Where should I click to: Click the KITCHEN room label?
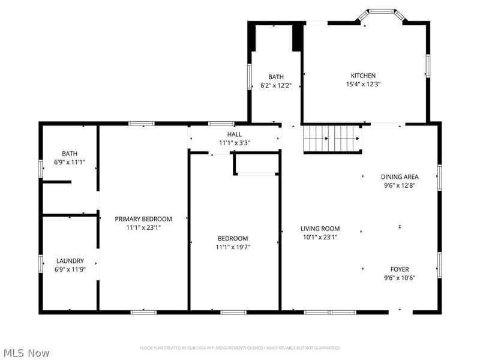[x=363, y=76]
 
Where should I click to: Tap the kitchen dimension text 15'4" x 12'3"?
[x=363, y=85]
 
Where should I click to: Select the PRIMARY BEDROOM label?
[x=143, y=219]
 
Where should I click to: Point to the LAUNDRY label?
[x=70, y=261]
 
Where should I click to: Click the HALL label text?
[x=234, y=134]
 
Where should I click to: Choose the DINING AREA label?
[x=399, y=177]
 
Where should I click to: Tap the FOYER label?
[x=400, y=269]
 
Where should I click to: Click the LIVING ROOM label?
[x=320, y=229]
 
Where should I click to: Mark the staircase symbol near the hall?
[x=332, y=139]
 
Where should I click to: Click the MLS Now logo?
[x=26, y=353]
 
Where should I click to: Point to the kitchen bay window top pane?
[x=382, y=11]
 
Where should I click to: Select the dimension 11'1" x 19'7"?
[x=232, y=247]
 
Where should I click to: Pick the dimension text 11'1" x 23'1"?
[x=143, y=228]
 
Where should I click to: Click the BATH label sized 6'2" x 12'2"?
[x=276, y=77]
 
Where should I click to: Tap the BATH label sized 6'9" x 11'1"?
[x=70, y=154]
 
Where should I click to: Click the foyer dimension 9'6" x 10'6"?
[x=400, y=278]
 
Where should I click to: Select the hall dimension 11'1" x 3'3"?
[x=234, y=143]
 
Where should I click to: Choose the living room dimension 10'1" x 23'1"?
[x=320, y=238]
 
